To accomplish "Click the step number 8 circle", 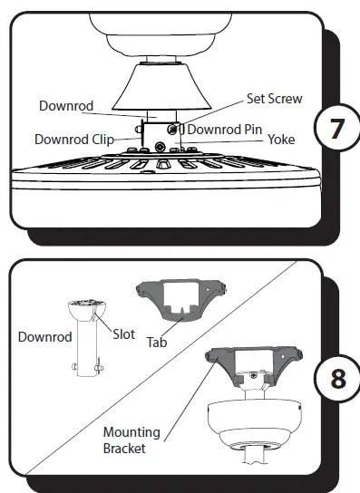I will click(337, 377).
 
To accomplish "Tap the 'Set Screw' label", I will click(274, 99).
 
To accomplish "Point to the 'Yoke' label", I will click(280, 140).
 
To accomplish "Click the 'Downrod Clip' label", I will click(74, 140).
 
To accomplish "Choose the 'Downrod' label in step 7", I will click(66, 106).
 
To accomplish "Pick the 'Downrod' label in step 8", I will click(45, 337).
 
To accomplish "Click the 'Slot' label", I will click(124, 334).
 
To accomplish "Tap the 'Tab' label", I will click(156, 343).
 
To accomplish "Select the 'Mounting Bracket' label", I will click(131, 440).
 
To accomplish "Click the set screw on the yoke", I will click(171, 131).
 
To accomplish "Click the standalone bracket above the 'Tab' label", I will click(180, 300).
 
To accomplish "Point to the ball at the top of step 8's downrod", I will click(87, 311).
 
